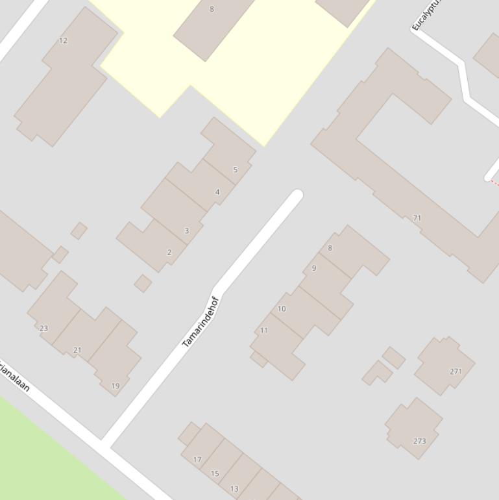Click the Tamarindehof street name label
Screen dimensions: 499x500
201,322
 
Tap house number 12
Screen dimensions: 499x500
63,40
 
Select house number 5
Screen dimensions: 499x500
235,169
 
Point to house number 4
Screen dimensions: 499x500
217,192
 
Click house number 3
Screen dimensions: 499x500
186,231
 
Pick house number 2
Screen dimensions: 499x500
169,252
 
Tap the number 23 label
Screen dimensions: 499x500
43,328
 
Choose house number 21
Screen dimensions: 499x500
77,350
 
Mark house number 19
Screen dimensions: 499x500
115,386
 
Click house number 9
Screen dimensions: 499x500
314,268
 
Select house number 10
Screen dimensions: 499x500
282,308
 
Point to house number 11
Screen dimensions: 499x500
264,330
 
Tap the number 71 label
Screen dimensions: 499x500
417,218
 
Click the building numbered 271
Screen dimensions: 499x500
456,371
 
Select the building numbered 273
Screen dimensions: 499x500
420,441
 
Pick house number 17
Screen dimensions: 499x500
197,460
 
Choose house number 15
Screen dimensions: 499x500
215,473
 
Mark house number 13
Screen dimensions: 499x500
234,488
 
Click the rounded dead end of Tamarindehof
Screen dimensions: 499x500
297,195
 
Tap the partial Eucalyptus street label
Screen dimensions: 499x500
426,15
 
